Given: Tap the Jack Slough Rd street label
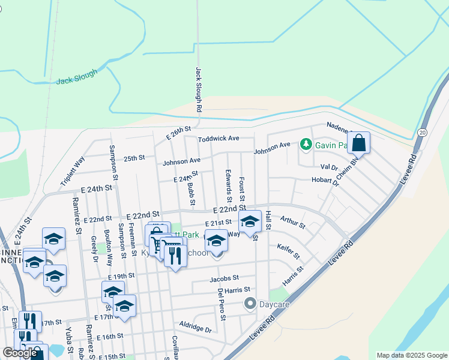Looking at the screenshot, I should point(199,91).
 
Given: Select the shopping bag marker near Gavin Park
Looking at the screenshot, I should point(358,143).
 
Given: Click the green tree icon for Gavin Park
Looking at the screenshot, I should point(306,144).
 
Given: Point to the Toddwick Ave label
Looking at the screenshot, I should point(219,138).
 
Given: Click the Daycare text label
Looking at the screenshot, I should point(274,304).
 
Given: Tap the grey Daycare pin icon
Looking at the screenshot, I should point(250,304).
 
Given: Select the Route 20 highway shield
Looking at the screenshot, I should point(423,132).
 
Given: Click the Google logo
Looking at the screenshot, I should point(20,353).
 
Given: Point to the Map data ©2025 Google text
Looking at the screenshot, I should point(411,355).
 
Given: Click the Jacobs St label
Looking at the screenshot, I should point(224,278).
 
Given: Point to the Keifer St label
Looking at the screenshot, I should point(288,251).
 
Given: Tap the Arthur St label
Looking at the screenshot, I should point(292,223).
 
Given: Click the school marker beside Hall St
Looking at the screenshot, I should point(250,221).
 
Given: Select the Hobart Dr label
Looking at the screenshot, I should point(325,181).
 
